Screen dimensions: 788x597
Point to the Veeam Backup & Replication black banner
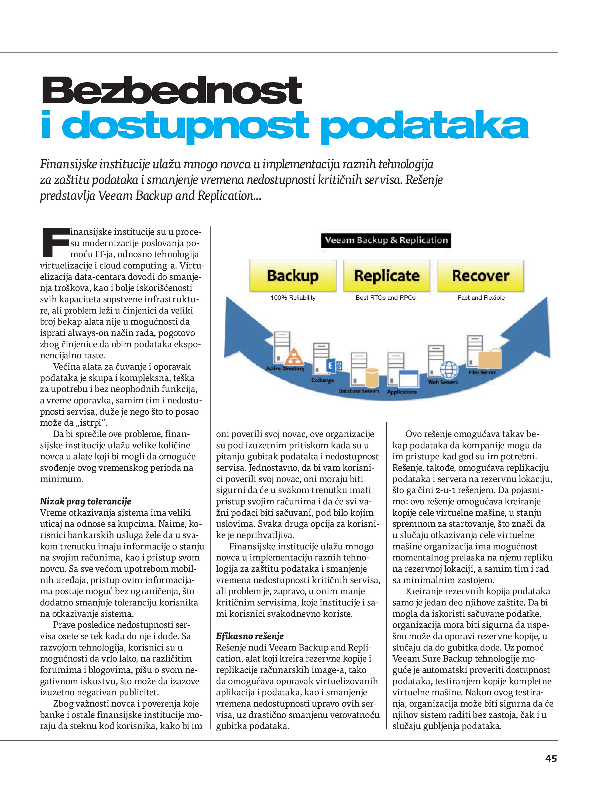click(x=386, y=240)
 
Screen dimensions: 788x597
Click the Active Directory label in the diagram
click(x=285, y=368)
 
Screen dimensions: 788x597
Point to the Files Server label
click(x=482, y=372)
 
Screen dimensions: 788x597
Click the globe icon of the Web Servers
click(x=449, y=369)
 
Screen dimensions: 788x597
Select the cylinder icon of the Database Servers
click(x=371, y=377)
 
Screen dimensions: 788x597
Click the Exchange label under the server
click(x=322, y=380)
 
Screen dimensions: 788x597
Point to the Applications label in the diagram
click(x=402, y=392)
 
